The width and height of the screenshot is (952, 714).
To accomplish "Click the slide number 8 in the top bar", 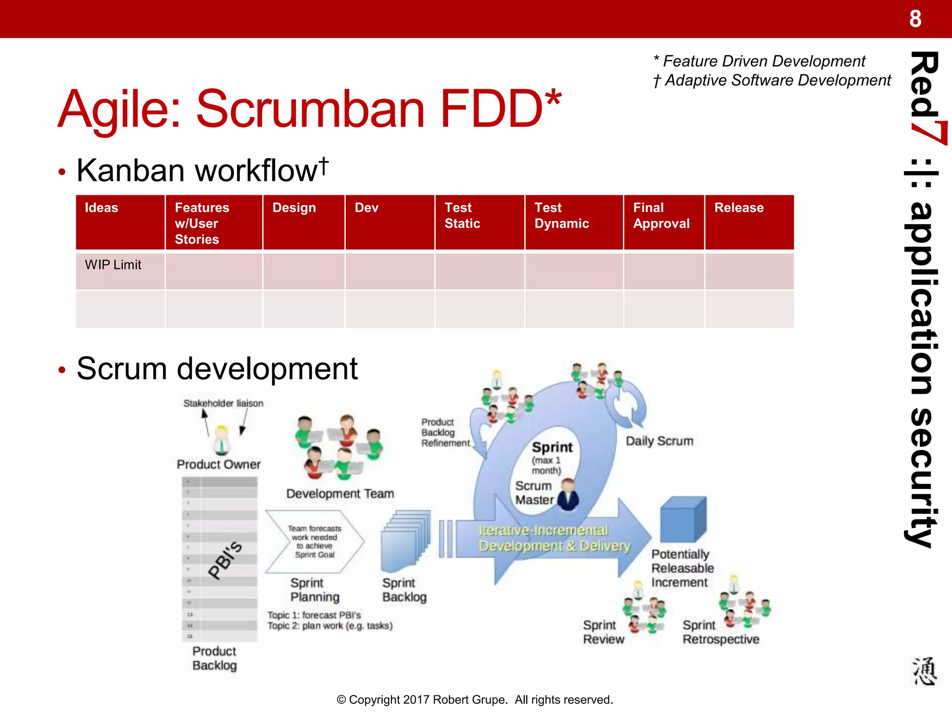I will pyautogui.click(x=915, y=19).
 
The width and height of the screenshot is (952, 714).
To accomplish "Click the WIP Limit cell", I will pyautogui.click(x=113, y=265).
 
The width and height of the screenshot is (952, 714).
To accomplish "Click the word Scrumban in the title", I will pyautogui.click(x=310, y=109).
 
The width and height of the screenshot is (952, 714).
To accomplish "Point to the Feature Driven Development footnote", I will pyautogui.click(x=760, y=61).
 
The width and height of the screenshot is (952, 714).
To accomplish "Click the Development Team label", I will pyautogui.click(x=340, y=494).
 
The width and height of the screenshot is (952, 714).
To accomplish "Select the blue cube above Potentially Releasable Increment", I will pyautogui.click(x=683, y=520).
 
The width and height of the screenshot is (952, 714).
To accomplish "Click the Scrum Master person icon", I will pyautogui.click(x=568, y=495).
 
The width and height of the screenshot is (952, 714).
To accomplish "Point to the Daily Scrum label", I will pyautogui.click(x=659, y=441).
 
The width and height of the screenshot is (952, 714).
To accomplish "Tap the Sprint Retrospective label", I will pyautogui.click(x=720, y=633).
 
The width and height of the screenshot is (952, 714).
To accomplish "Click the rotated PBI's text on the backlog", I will pyautogui.click(x=225, y=560).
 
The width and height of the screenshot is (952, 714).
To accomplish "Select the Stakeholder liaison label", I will pyautogui.click(x=223, y=403).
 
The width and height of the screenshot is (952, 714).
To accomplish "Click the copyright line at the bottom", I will pyautogui.click(x=475, y=700).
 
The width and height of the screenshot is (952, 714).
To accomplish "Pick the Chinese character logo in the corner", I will pyautogui.click(x=924, y=671).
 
